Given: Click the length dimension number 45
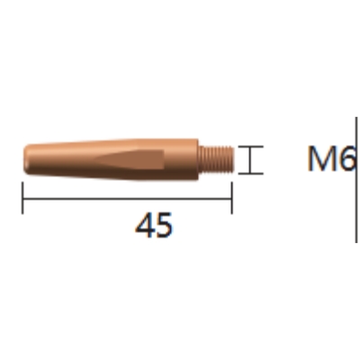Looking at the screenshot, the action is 154,225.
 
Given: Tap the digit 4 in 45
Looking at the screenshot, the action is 145,225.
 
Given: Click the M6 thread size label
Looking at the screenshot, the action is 331,158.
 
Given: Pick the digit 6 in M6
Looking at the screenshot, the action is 346,158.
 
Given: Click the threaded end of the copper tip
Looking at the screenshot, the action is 216,159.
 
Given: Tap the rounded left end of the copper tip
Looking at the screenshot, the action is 28,159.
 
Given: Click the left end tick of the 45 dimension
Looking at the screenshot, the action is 22,198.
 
